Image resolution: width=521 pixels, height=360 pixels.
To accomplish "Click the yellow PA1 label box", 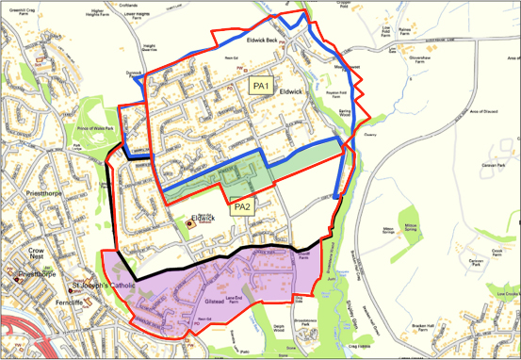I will click(x=261, y=86).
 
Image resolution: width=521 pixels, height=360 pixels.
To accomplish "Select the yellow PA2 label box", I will click(x=241, y=206).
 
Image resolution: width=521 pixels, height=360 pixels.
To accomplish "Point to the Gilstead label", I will click(x=217, y=303).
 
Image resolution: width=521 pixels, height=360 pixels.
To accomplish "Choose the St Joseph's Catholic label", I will click(x=104, y=285).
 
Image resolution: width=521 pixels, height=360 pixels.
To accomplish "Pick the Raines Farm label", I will click(x=405, y=31).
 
